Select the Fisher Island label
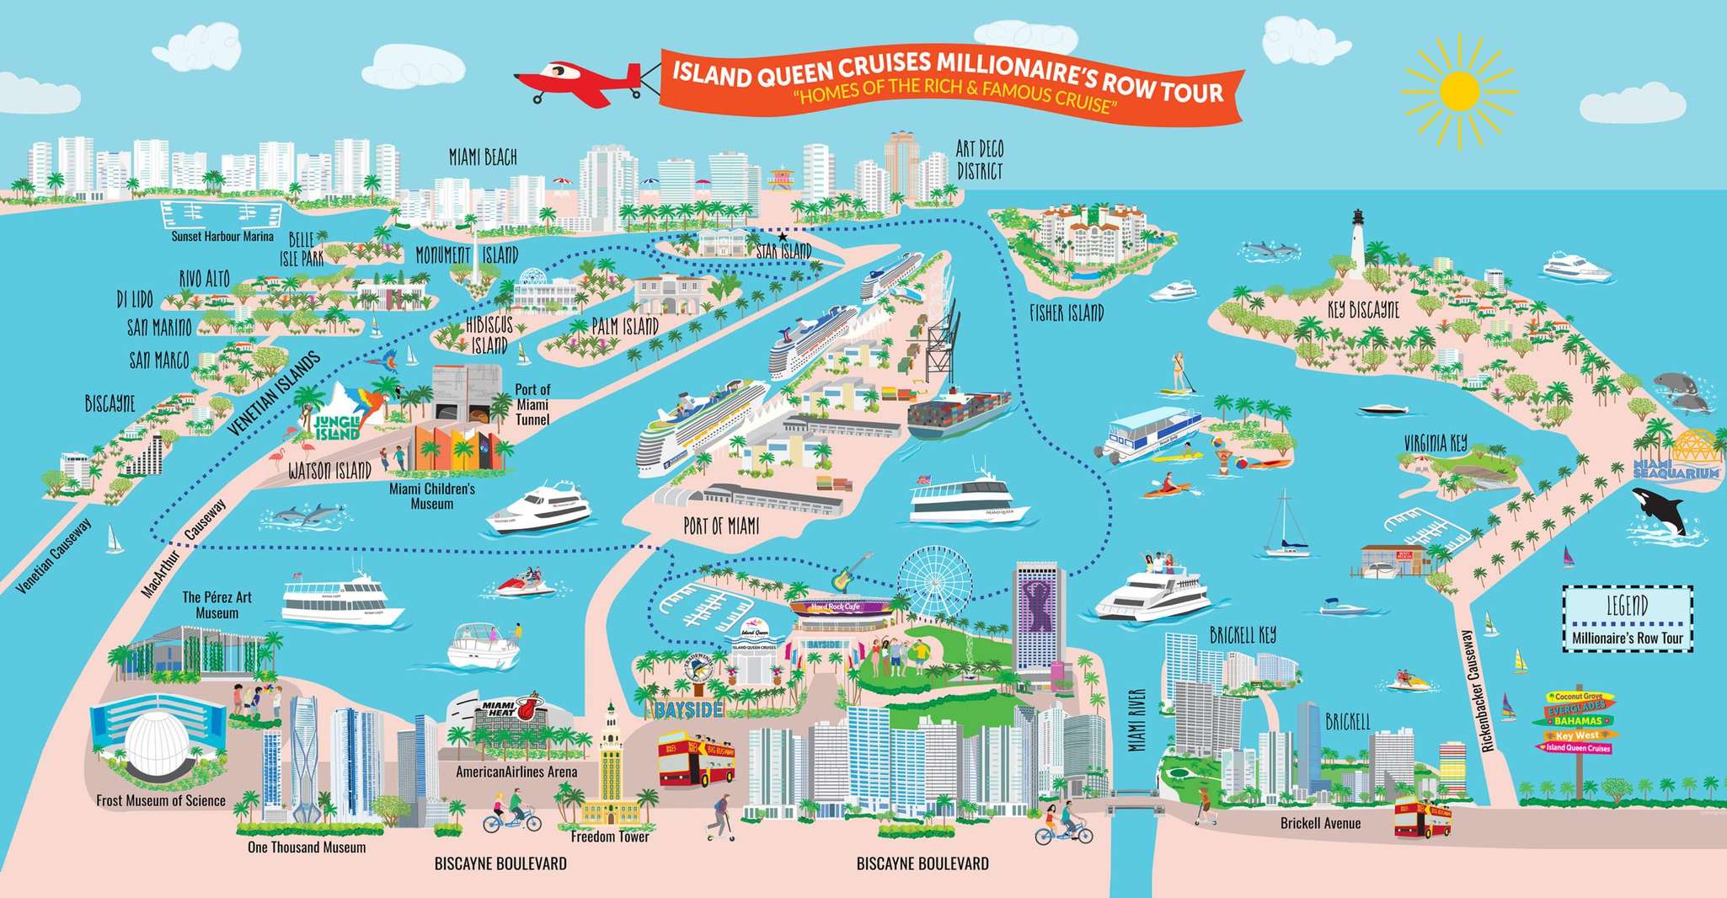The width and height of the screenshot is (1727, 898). (1066, 313)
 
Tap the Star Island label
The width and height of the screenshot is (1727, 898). (783, 250)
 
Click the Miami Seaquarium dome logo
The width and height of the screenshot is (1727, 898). (1676, 459)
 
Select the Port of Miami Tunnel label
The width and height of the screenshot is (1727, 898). (532, 404)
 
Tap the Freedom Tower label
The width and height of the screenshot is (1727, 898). (610, 837)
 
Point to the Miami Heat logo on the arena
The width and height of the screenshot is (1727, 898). (509, 708)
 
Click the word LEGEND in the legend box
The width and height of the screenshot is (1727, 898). (1627, 605)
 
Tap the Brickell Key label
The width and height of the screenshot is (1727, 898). (1243, 634)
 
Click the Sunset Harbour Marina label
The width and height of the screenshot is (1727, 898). (222, 237)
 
